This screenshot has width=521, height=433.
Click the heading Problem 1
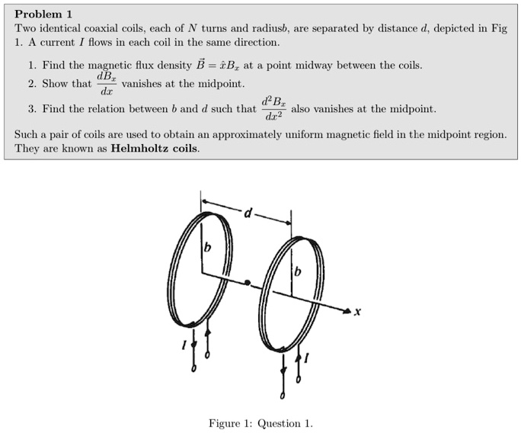pos(43,14)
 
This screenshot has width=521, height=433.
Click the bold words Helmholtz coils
pos(155,148)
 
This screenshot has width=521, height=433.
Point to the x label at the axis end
pos(357,312)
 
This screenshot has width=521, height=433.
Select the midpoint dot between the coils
pos(248,283)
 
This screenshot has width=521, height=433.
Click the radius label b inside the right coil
pos(298,271)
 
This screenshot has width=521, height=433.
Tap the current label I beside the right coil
pos(307,357)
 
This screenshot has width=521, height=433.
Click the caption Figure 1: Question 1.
pos(260,423)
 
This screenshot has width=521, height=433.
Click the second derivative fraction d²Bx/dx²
pos(273,109)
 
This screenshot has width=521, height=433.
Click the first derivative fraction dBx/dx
pos(106,83)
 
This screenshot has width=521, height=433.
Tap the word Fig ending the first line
pos(499,28)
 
